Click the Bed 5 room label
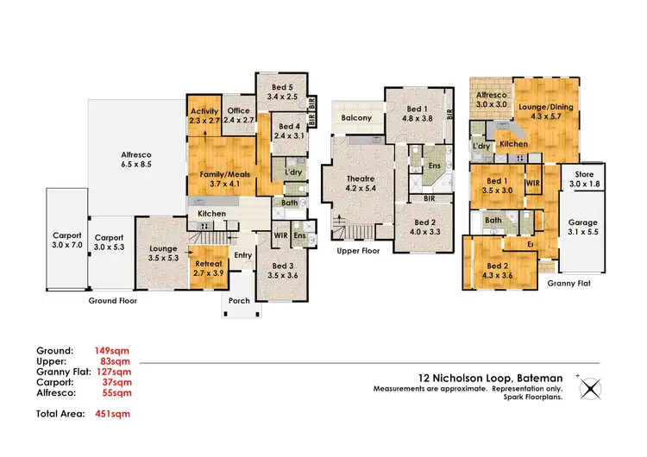pyautogui.click(x=282, y=87)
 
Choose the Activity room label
pyautogui.click(x=204, y=110)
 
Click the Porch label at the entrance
pyautogui.click(x=239, y=302)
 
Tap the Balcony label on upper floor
pyautogui.click(x=356, y=117)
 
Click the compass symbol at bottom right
pyautogui.click(x=591, y=389)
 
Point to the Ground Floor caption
pyautogui.click(x=113, y=301)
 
